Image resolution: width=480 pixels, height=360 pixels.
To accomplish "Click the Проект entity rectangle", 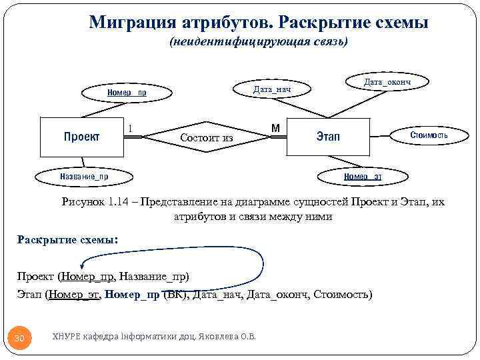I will pos(82,137).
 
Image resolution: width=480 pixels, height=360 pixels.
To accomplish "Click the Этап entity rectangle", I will pos(327,137).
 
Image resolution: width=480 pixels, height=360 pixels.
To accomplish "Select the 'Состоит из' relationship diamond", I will pos(207,137).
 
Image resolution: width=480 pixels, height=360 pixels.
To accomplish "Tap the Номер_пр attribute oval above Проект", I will pos(127,93).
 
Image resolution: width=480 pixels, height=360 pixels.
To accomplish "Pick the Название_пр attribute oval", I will pos(85,177).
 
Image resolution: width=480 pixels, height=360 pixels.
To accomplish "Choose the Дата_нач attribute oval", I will pos(272,89).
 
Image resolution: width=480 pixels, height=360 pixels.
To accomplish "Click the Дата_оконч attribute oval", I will pos(387,81).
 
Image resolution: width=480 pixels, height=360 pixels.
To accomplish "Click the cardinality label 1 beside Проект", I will pos(130,127).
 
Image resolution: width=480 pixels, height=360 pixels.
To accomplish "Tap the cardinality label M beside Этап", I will pos(275,127).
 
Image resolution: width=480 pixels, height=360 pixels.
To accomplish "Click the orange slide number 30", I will pos(20,338).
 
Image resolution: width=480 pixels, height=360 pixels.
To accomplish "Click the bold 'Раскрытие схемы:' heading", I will pos(67,240).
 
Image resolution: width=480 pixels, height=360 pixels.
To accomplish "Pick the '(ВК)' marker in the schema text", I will pos(176,294).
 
